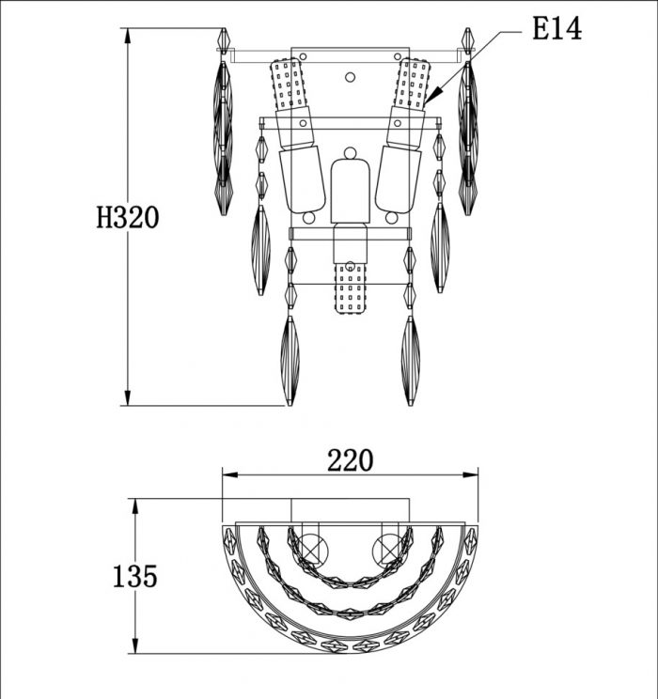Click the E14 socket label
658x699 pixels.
(556, 29)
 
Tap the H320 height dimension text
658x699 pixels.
(128, 218)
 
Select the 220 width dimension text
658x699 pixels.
(351, 460)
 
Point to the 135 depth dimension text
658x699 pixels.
(134, 577)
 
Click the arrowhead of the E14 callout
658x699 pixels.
(434, 95)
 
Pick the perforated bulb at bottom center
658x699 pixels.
(351, 288)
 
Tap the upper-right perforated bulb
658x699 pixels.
(413, 84)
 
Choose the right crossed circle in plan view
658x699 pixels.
(387, 550)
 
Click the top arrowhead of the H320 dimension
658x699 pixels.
(128, 36)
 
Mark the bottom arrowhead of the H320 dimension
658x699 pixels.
(128, 398)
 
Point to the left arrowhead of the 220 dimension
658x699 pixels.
(230, 474)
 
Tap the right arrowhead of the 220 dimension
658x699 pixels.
(470, 474)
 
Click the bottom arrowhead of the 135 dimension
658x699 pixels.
(135, 646)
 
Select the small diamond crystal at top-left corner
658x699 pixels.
(224, 40)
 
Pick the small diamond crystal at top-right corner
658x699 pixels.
(467, 40)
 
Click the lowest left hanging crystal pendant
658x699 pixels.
(290, 361)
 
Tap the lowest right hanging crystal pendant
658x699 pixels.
(411, 361)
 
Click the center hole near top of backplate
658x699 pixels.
(351, 77)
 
